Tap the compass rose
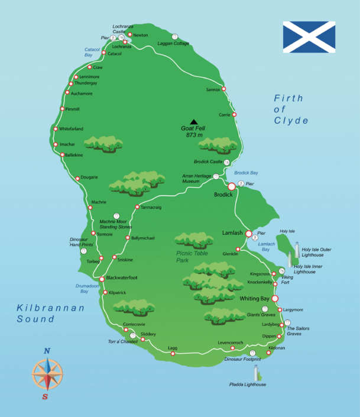pyautogui.click(x=47, y=374)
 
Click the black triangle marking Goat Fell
pyautogui.click(x=193, y=121)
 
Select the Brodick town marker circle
pyautogui.click(x=232, y=186)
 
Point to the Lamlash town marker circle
pyautogui.click(x=249, y=234)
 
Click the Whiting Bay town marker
pyautogui.click(x=275, y=299)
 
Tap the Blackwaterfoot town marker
pyautogui.click(x=102, y=279)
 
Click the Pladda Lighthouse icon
pyautogui.click(x=257, y=373)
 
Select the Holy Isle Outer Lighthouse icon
pyautogui.click(x=297, y=249)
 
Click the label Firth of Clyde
pyautogui.click(x=291, y=109)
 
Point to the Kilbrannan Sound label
pyautogui.click(x=51, y=313)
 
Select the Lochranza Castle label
pyautogui.click(x=124, y=30)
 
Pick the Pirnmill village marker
pyautogui.click(x=61, y=109)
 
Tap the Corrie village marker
pyautogui.click(x=234, y=115)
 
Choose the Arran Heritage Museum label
pyautogui.click(x=199, y=179)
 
